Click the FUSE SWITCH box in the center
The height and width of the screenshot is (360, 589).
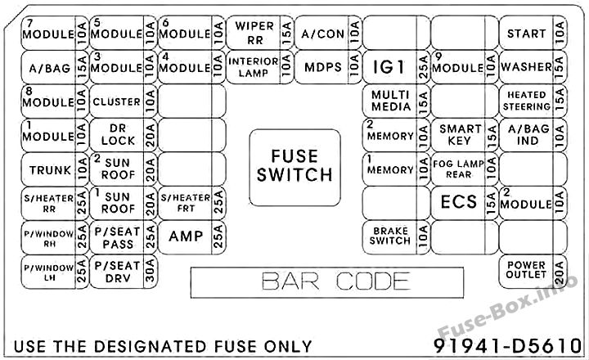point(294,168)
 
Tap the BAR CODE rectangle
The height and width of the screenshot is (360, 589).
point(327,282)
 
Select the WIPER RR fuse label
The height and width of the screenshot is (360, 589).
point(254,33)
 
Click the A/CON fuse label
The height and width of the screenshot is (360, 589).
point(322,34)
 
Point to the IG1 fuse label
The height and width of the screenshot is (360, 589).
point(389,67)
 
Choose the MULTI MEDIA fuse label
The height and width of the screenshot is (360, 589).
point(391,101)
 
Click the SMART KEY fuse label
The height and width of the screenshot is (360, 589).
point(460,134)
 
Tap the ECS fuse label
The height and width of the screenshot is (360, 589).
point(459,202)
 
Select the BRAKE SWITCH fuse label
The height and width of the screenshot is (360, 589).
point(390,236)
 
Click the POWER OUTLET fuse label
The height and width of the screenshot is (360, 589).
point(526,269)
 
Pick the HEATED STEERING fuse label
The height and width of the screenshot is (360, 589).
point(527,101)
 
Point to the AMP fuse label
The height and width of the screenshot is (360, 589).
point(186,236)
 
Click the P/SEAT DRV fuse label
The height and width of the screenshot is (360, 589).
point(117,272)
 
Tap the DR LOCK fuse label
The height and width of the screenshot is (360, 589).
point(118,134)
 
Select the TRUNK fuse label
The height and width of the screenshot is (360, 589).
point(50,170)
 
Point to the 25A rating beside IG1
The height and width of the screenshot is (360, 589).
point(423,67)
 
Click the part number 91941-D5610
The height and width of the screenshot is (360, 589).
point(507,346)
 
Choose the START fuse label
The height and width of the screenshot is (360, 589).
point(526,34)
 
